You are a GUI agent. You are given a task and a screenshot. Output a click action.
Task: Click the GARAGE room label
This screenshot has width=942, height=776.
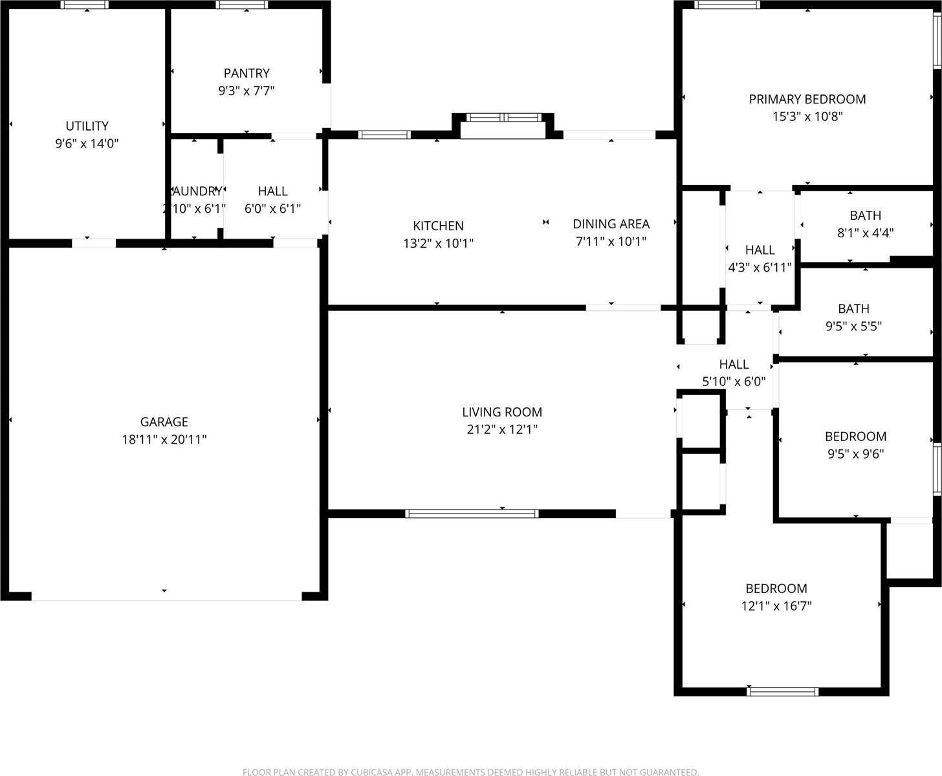tap(164, 422)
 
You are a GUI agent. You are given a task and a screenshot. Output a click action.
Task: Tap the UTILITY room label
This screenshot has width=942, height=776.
tap(87, 126)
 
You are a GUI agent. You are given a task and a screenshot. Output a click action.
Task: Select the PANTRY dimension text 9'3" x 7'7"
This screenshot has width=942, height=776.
tap(246, 91)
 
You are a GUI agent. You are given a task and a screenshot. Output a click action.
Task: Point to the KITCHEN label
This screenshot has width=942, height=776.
tap(438, 226)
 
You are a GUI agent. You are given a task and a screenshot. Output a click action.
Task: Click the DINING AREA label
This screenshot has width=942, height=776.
tap(611, 224)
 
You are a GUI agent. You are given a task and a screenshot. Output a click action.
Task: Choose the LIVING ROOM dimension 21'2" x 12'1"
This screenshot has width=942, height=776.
tap(502, 429)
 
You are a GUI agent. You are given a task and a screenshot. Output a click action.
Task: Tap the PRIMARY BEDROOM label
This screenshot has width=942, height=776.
tap(807, 99)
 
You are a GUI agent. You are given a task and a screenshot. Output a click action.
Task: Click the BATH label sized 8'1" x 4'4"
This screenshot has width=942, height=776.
tap(865, 215)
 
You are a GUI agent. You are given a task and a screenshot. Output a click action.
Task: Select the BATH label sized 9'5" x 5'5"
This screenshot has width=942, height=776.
tap(853, 308)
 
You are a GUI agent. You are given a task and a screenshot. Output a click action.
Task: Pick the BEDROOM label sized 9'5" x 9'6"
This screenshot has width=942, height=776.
tap(855, 436)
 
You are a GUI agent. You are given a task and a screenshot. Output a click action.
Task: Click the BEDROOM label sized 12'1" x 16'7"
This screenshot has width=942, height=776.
tap(776, 588)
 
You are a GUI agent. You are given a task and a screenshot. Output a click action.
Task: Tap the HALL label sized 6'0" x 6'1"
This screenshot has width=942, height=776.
tap(272, 191)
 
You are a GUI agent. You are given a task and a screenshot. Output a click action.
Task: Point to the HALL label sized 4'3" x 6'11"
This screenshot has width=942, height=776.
tap(760, 250)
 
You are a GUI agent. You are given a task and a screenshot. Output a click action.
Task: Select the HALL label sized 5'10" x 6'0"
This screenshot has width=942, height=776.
tap(734, 364)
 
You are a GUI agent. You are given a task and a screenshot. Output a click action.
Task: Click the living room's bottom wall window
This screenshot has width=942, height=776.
tap(472, 513)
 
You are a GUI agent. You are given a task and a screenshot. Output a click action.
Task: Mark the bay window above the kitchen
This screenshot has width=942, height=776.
tap(503, 118)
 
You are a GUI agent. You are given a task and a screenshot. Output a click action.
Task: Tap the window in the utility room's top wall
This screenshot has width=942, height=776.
tap(85, 5)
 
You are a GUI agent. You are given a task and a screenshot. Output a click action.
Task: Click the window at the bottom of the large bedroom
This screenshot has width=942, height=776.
tap(782, 691)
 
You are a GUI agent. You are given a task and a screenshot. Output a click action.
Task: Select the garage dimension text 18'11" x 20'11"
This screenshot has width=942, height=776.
tap(164, 440)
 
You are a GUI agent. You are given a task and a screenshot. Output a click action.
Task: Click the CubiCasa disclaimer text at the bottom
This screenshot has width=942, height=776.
tap(470, 771)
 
